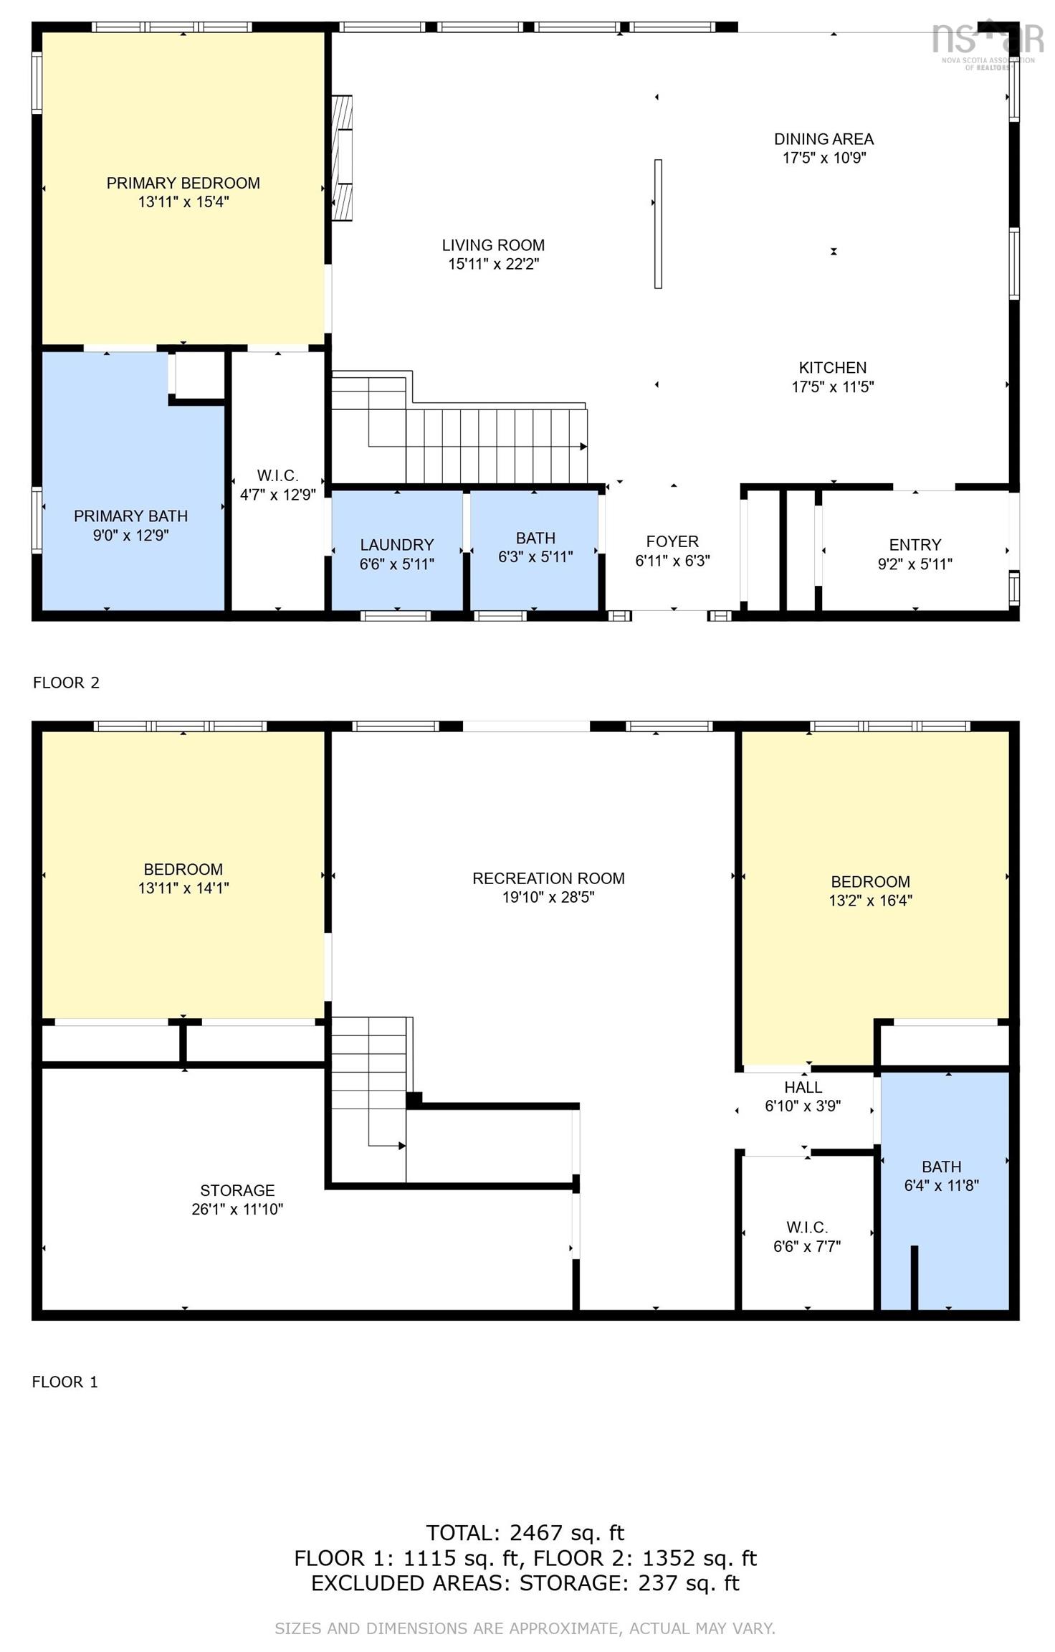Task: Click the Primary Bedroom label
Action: pyautogui.click(x=183, y=183)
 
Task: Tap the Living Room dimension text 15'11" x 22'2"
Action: pyautogui.click(x=493, y=264)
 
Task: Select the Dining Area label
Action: pyautogui.click(x=824, y=139)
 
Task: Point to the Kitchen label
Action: pyautogui.click(x=833, y=368)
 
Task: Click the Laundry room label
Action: pyautogui.click(x=396, y=545)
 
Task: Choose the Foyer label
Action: pyautogui.click(x=672, y=541)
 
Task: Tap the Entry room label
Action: pyautogui.click(x=915, y=545)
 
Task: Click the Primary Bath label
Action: pyautogui.click(x=130, y=516)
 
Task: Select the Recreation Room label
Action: pyautogui.click(x=548, y=878)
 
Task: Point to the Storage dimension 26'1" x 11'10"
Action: pyautogui.click(x=237, y=1209)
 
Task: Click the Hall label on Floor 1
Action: pyautogui.click(x=803, y=1087)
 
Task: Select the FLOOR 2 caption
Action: pyautogui.click(x=66, y=683)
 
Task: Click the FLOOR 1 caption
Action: pyautogui.click(x=65, y=1382)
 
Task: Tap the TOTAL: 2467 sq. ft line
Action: pyautogui.click(x=525, y=1533)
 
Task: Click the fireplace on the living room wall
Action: pyautogui.click(x=343, y=158)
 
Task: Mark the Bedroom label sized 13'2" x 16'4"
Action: pyautogui.click(x=870, y=891)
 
